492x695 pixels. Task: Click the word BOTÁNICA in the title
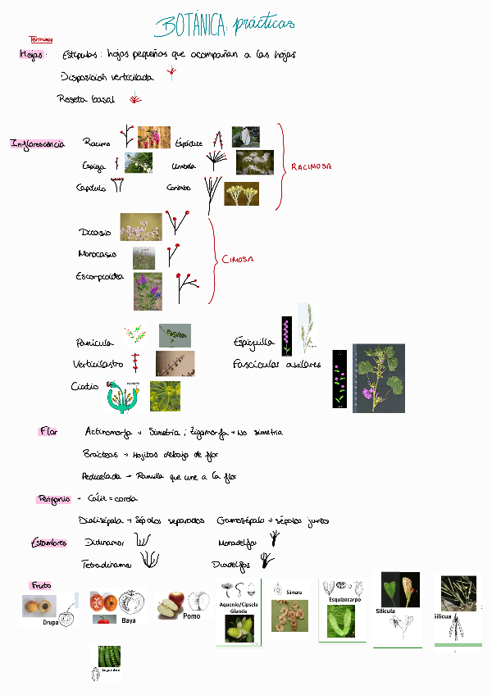click(x=189, y=27)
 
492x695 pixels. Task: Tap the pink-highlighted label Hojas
click(x=32, y=54)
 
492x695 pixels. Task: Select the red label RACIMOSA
click(x=311, y=166)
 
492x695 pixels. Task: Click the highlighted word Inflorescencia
click(x=38, y=143)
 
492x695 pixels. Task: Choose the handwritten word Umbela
click(x=184, y=166)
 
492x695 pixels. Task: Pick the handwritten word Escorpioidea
click(x=101, y=276)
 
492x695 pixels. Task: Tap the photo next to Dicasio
click(x=140, y=227)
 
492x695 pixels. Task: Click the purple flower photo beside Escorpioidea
click(x=148, y=292)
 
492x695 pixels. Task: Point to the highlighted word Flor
click(x=48, y=431)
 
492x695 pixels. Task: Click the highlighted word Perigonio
click(x=53, y=498)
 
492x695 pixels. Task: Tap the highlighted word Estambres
click(x=48, y=543)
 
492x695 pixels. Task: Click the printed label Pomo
click(x=192, y=616)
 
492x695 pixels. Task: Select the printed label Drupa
click(x=50, y=622)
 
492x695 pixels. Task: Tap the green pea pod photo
click(x=107, y=656)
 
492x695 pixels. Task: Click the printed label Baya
click(x=128, y=620)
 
